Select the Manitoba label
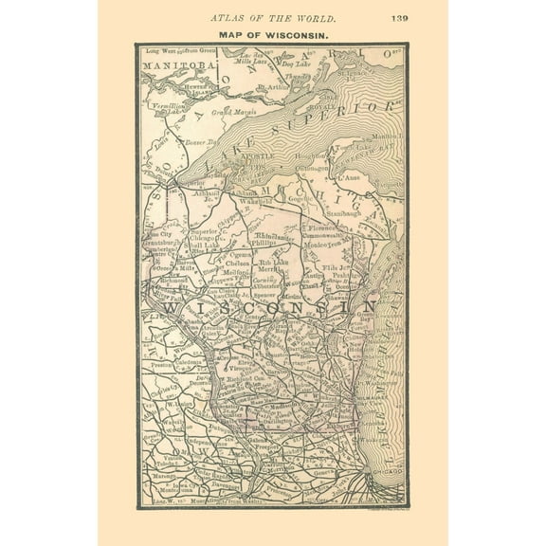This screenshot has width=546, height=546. tap(173, 65)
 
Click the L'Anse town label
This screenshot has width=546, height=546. tap(349, 176)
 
